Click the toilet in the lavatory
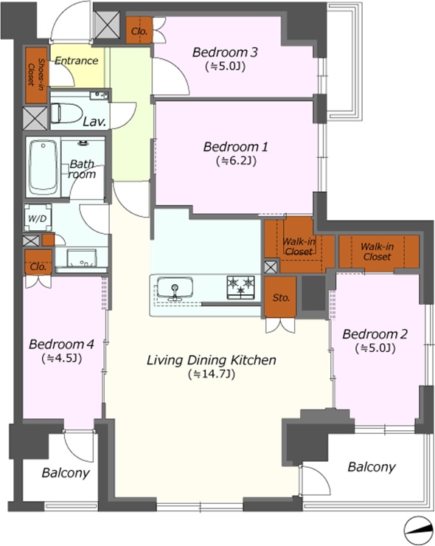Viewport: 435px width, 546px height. [66, 113]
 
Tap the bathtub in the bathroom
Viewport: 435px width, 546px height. [43, 167]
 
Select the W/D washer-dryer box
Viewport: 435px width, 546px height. [38, 218]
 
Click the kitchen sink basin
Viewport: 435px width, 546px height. [174, 288]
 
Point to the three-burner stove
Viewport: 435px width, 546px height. [241, 287]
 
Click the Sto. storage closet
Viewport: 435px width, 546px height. [280, 297]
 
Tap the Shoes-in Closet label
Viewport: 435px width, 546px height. [36, 75]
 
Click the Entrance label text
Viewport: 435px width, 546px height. [76, 61]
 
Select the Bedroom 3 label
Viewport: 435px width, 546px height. [225, 52]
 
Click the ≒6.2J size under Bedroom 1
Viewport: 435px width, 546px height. [236, 161]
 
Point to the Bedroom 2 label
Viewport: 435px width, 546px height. [375, 334]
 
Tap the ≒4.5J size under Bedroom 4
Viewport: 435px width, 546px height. [62, 359]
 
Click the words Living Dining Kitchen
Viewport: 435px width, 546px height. [212, 360]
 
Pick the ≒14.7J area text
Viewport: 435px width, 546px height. [212, 374]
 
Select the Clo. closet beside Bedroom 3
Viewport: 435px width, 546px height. [139, 30]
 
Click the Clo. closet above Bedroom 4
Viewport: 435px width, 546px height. [38, 262]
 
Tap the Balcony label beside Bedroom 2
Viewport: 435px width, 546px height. [372, 467]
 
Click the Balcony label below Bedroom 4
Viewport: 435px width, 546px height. [66, 473]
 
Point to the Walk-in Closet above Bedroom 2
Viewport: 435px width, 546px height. [377, 252]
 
